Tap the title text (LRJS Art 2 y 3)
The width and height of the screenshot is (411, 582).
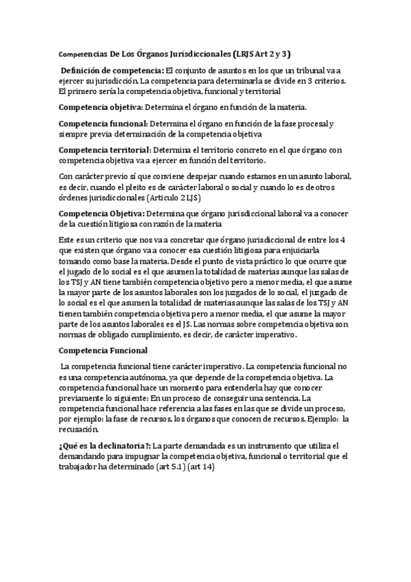266,53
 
